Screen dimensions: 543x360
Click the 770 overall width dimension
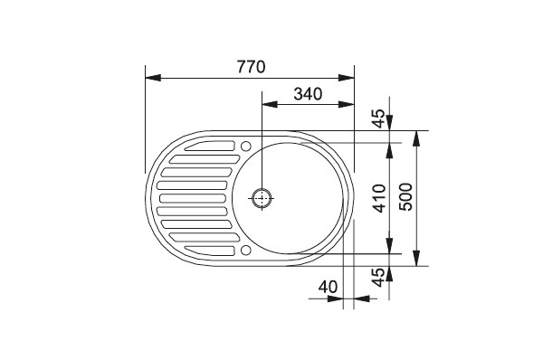point(252,67)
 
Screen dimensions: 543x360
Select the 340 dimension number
point(308,94)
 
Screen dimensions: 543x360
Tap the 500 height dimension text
point(405,196)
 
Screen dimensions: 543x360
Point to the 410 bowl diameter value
point(380,198)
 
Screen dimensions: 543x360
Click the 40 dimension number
point(328,287)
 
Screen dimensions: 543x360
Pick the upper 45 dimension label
point(378,118)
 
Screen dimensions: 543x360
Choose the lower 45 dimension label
point(378,278)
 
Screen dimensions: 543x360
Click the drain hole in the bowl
point(262,198)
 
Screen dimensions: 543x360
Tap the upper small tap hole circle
point(245,146)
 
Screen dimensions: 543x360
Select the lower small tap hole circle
point(245,250)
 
